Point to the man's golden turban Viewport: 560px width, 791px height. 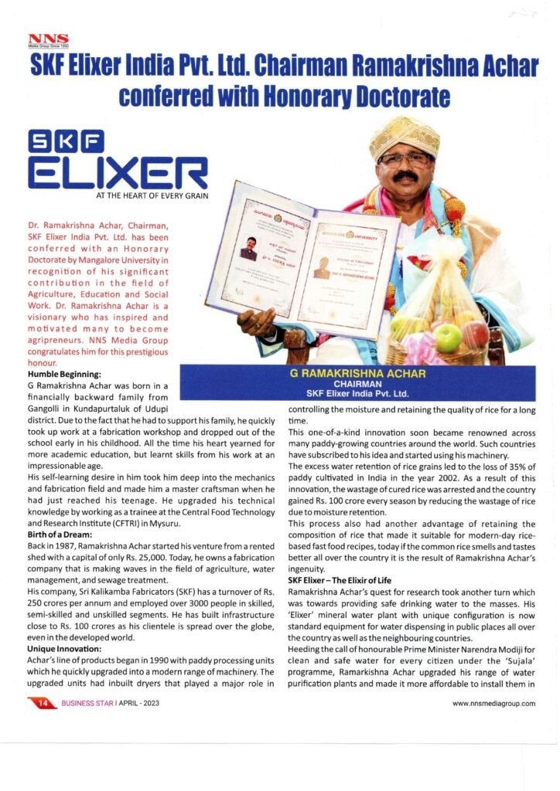pos(404,136)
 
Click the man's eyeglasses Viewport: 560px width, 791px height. pos(405,161)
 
